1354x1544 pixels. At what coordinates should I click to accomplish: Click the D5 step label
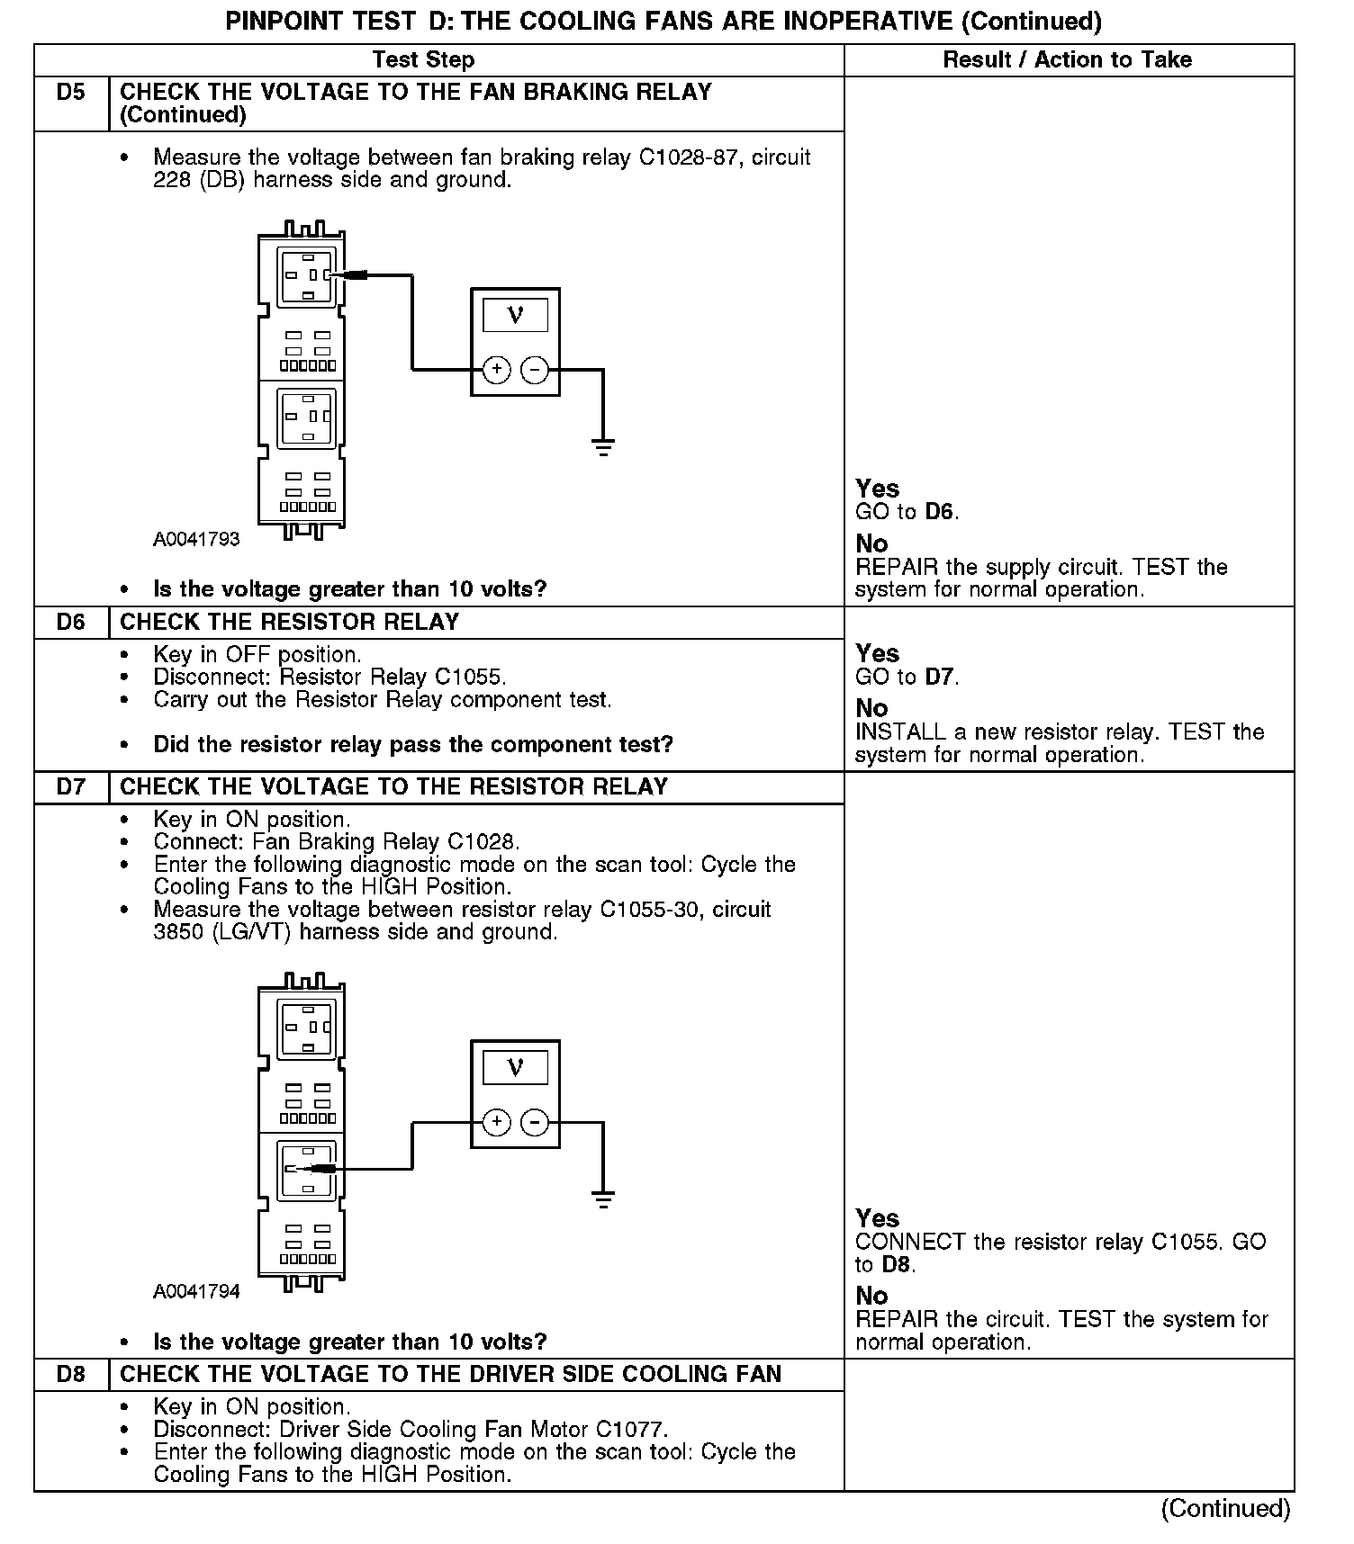70,93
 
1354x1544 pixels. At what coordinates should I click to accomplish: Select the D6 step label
70,623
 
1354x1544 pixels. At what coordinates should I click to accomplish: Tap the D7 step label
70,787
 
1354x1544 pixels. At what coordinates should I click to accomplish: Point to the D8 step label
70,1375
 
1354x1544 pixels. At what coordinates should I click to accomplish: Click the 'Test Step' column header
423,60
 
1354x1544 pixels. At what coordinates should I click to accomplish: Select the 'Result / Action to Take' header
1067,60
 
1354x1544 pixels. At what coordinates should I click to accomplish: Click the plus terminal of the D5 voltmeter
496,369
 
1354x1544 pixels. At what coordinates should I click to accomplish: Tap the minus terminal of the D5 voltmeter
535,369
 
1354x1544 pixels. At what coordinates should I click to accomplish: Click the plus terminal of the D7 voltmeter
496,1122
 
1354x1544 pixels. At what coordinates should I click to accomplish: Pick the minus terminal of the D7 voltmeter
535,1122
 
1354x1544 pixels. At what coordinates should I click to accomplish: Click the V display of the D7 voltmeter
515,1068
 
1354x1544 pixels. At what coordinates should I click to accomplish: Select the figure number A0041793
196,540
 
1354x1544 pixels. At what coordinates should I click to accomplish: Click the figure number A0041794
196,1292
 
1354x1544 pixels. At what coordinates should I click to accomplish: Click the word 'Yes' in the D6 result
878,654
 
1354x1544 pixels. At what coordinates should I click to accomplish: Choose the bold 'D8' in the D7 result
896,1265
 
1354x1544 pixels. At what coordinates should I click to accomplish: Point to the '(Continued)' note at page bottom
1225,1508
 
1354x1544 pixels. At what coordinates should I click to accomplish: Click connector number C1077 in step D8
629,1430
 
